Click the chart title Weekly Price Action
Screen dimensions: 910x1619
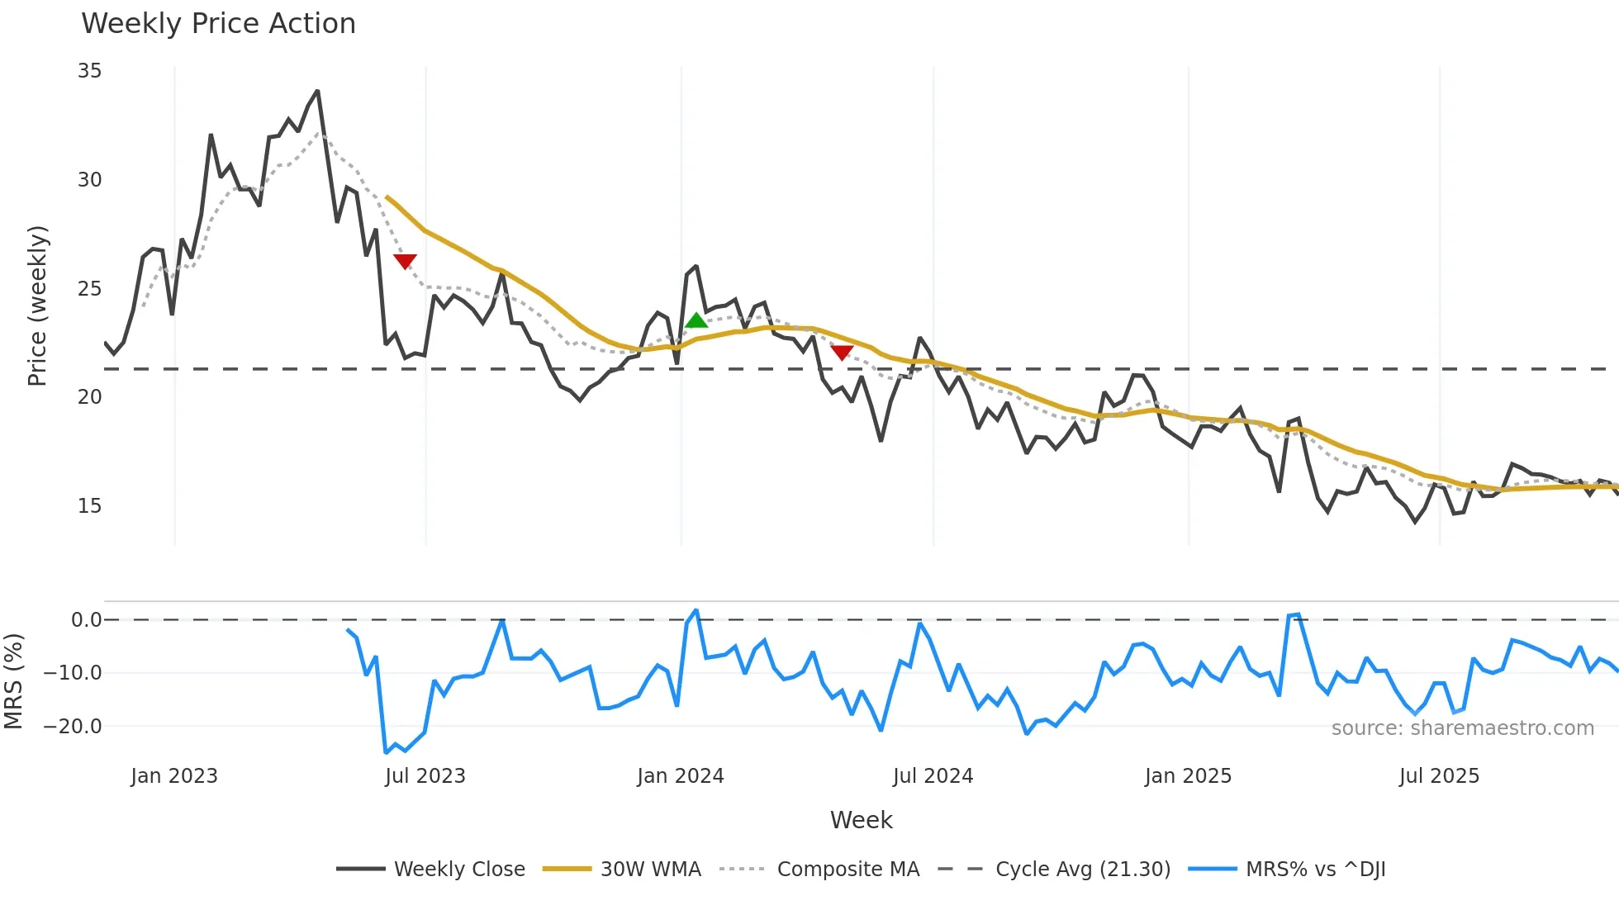tap(218, 23)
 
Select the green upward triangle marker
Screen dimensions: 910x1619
tap(696, 320)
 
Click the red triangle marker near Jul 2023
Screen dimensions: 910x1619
tap(405, 262)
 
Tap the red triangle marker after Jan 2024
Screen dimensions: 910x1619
tap(842, 353)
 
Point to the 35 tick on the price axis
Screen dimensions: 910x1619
tap(89, 71)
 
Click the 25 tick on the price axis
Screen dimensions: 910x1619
tap(89, 289)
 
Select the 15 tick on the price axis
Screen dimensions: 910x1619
tap(89, 506)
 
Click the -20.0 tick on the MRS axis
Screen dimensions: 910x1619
tap(73, 727)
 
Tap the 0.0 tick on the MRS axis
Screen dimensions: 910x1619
tap(86, 620)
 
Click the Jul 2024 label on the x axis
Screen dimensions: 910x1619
tap(933, 776)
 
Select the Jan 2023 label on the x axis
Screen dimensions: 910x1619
tap(174, 776)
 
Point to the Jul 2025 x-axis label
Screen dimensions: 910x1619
tap(1439, 776)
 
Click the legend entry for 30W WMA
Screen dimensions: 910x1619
tap(650, 870)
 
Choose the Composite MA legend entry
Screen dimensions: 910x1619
tap(847, 870)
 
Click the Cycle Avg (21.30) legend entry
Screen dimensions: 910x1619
tap(1082, 870)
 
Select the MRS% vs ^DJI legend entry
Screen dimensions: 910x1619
tap(1315, 870)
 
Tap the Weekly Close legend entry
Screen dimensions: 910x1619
tap(459, 870)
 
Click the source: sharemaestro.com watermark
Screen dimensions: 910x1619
tap(1462, 728)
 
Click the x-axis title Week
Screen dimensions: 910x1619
tap(861, 820)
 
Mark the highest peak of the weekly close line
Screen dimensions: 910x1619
tap(317, 92)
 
